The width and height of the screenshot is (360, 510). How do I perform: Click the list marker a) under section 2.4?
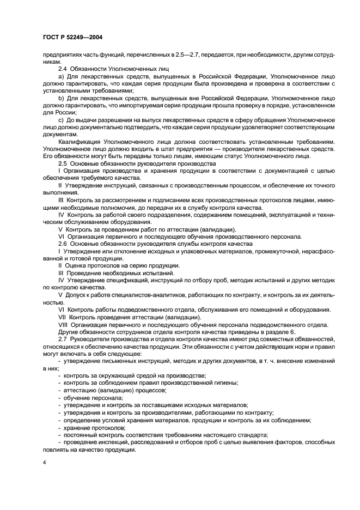click(60, 77)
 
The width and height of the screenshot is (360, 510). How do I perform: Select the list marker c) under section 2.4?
click(60, 119)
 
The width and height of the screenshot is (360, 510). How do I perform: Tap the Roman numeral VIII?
click(64, 324)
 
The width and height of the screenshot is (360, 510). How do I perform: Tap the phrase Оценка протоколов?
click(92, 265)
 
